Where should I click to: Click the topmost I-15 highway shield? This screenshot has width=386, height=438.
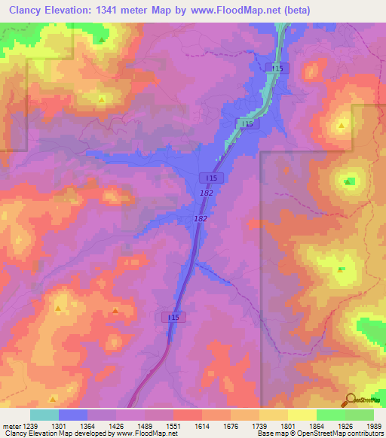coord(277,68)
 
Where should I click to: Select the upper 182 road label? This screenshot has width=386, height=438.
coord(207,193)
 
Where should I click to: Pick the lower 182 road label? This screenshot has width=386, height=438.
coord(201,218)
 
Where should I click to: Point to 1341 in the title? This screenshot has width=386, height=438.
coord(115,10)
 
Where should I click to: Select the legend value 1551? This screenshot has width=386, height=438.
coord(173,424)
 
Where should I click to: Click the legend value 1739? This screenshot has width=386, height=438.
coord(259,424)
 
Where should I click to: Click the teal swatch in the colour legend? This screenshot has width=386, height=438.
coord(44,415)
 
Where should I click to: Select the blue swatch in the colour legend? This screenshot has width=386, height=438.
coord(73,415)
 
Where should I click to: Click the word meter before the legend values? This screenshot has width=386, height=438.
coord(11,424)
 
